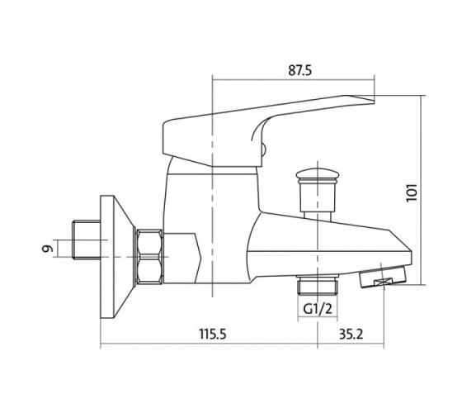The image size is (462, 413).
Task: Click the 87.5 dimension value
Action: (x=299, y=70)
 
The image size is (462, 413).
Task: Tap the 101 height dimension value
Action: (x=412, y=192)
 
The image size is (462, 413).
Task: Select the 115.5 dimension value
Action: (x=213, y=334)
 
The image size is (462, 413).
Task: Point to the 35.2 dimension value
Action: (x=351, y=334)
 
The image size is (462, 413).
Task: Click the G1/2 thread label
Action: (x=318, y=309)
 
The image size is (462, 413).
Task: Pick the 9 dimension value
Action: (x=48, y=249)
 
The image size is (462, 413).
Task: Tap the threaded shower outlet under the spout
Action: (x=318, y=285)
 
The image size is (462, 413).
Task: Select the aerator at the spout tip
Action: (x=382, y=276)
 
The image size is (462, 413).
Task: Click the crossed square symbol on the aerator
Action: (x=384, y=282)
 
